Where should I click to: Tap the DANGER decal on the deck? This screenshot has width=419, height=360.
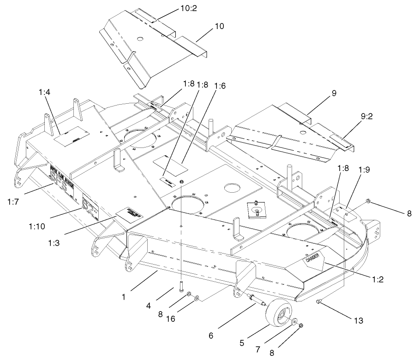[311, 260]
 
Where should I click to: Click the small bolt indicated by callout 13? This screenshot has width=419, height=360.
[319, 301]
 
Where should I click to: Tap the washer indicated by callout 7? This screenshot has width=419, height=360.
[294, 321]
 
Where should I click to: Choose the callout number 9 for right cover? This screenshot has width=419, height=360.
[333, 93]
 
